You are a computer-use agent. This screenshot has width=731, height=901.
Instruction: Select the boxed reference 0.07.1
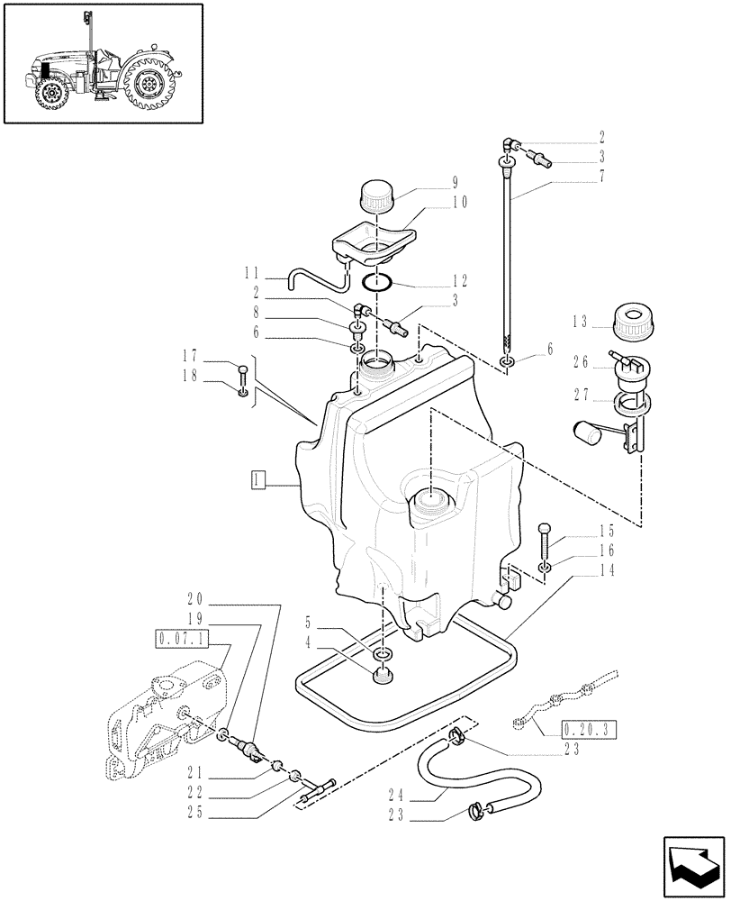(182, 639)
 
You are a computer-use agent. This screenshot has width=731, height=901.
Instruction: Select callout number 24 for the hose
(398, 796)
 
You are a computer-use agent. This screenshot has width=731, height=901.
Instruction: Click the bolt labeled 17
(242, 370)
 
